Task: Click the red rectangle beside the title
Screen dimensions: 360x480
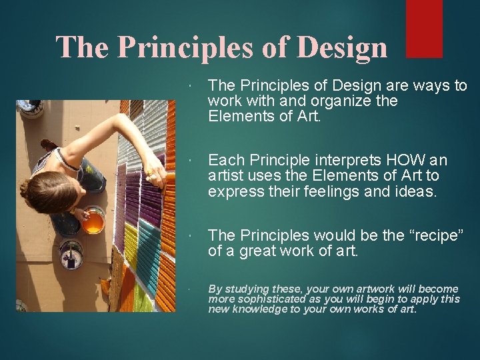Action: pyautogui.click(x=424, y=28)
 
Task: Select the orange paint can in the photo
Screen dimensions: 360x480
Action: pyautogui.click(x=93, y=221)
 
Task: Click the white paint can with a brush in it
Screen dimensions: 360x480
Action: pyautogui.click(x=70, y=253)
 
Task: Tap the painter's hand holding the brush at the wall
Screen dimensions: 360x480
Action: pyautogui.click(x=154, y=176)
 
